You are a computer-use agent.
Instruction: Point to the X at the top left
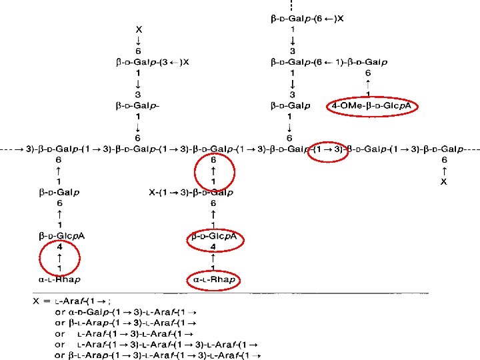pyautogui.click(x=138, y=30)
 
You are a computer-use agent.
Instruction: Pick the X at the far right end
pyautogui.click(x=443, y=181)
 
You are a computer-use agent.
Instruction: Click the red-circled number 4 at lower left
pyautogui.click(x=59, y=246)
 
